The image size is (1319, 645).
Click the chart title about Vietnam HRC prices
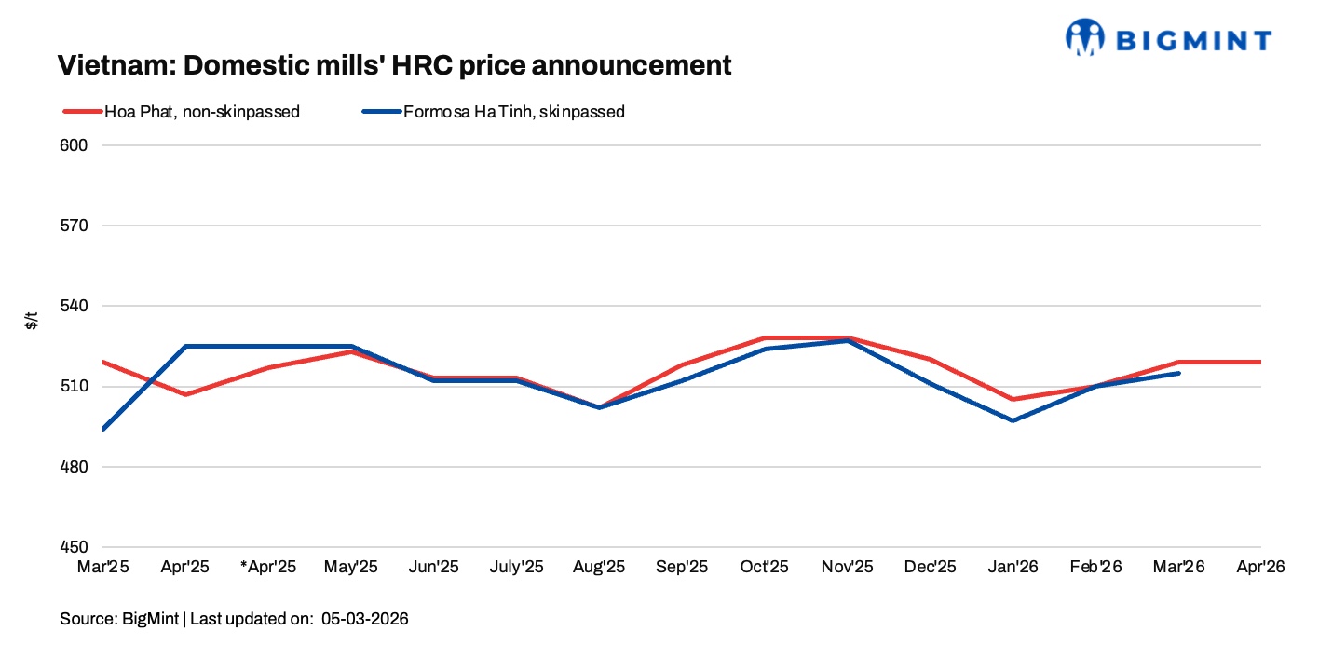click(394, 66)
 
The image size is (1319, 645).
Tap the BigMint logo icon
click(1085, 37)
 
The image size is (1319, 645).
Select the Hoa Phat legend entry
click(182, 112)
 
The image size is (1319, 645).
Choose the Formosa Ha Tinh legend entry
click(494, 112)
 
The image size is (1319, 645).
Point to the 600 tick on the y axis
click(75, 145)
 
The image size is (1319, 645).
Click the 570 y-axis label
click(75, 226)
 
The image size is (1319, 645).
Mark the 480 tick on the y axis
click(75, 467)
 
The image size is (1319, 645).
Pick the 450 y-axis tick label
click(75, 547)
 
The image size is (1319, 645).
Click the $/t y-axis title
click(32, 322)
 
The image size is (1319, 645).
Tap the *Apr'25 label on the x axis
click(268, 567)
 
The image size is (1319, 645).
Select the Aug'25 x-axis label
click(599, 567)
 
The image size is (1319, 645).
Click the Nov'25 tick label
click(848, 567)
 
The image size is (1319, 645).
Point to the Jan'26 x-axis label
click(1013, 567)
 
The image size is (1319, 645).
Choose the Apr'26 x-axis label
click(1260, 567)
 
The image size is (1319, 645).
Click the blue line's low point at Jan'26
click(1013, 420)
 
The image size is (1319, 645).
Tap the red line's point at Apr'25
click(185, 394)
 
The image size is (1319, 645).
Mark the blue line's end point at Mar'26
click(1179, 373)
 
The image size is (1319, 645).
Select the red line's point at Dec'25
click(930, 359)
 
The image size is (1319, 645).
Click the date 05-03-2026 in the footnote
click(365, 619)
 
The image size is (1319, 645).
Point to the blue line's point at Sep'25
click(682, 380)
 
